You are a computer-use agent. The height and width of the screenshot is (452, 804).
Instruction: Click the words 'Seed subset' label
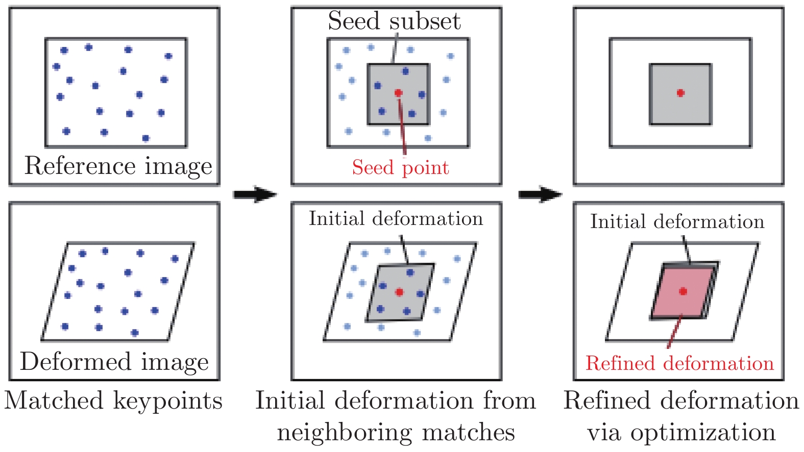394,21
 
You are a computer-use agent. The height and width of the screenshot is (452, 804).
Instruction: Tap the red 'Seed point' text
400,167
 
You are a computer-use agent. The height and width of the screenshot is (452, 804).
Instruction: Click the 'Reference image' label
118,166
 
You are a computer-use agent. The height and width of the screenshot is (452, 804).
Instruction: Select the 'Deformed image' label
114,362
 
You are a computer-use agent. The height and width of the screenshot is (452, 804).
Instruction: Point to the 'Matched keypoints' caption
113,400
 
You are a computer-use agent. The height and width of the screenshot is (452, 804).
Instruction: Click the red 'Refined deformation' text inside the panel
679,363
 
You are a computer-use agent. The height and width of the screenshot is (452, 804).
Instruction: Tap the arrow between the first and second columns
255,194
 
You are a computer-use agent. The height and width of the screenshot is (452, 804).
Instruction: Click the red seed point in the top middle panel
398,93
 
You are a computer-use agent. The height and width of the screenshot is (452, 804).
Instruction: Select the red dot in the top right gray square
680,93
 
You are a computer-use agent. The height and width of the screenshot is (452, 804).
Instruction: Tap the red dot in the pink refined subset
683,291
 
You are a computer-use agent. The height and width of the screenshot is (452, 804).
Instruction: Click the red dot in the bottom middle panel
399,292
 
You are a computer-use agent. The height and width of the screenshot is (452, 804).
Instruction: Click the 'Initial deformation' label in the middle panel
396,219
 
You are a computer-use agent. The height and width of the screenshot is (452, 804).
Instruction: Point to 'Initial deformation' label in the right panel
677,221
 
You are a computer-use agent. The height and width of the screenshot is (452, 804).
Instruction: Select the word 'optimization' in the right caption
703,433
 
